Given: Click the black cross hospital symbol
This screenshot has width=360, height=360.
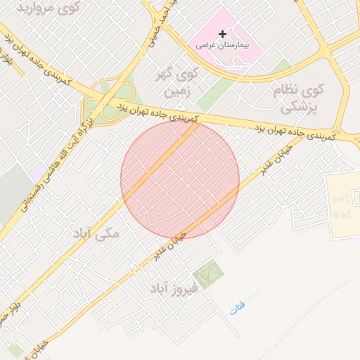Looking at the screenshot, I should tap(222, 33).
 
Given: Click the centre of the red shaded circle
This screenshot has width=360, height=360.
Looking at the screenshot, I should tap(180, 179).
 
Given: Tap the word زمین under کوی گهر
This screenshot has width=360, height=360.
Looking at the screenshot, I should tap(175, 92).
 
